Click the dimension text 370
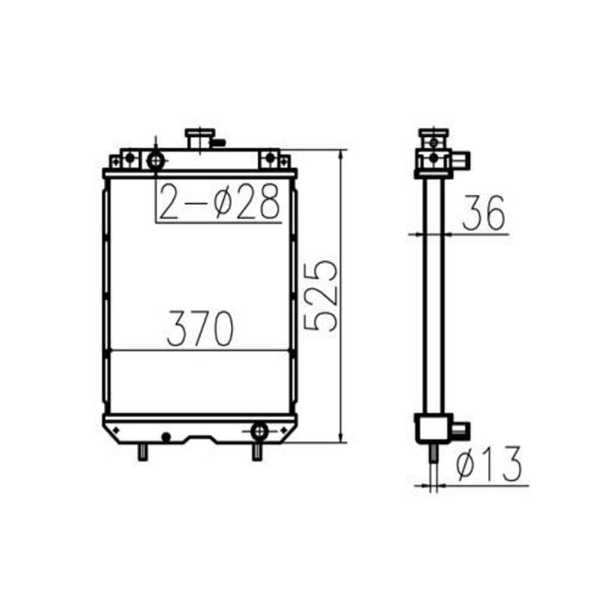click(x=200, y=329)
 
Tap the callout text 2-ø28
click(x=219, y=202)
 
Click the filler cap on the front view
click(x=197, y=138)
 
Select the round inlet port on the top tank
click(x=156, y=160)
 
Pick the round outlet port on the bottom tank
click(x=259, y=430)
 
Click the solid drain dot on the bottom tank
click(x=166, y=436)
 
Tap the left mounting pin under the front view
click(x=141, y=452)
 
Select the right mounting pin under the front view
click(x=257, y=452)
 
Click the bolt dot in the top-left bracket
click(x=129, y=158)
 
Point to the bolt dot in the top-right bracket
click(x=269, y=158)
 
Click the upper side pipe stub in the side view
click(x=461, y=159)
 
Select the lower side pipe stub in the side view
click(x=461, y=430)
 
